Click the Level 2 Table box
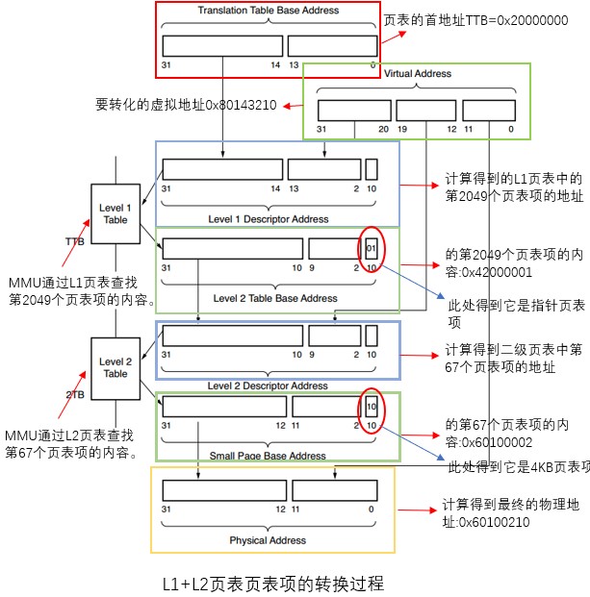(115, 366)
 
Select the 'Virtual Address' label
(417, 73)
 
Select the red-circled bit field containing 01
(372, 248)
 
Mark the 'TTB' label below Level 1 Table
(74, 241)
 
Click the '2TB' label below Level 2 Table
(75, 395)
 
